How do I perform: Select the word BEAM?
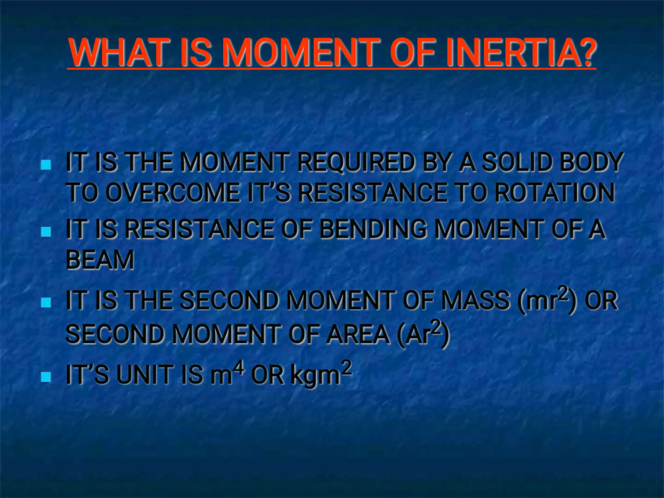(100, 260)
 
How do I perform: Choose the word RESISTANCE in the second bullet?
(199, 229)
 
